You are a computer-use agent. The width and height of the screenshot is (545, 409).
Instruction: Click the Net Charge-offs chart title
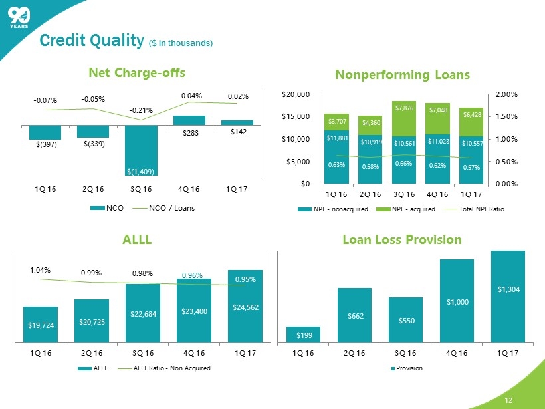pos(136,72)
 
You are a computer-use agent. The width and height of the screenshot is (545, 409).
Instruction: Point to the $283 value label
pos(189,132)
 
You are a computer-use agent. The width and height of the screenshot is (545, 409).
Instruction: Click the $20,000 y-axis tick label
pos(296,95)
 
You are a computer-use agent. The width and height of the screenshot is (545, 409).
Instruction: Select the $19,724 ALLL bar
pos(41,325)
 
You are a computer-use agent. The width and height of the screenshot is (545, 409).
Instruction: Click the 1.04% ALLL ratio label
pos(41,271)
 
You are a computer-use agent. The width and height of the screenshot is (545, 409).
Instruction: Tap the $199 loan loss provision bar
pos(304,335)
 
